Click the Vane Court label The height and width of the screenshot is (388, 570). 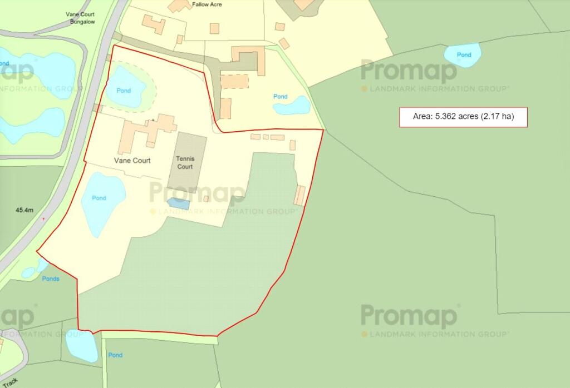132,161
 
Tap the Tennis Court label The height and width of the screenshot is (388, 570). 185,162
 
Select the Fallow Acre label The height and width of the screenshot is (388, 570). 207,4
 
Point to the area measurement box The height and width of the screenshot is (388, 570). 463,117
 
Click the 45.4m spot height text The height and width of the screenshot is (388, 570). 24,210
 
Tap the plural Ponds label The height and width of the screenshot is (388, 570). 51,278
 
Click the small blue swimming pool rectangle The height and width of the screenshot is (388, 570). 179,204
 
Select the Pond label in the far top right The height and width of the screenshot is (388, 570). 464,55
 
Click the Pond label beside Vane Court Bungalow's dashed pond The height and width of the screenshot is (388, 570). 124,91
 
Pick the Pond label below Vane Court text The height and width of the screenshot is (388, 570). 99,198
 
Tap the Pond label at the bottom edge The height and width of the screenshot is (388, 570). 115,355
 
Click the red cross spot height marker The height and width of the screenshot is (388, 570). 44,219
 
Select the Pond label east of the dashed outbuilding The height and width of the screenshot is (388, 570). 281,97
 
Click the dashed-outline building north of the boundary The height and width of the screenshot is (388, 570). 235,81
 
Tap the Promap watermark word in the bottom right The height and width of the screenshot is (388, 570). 409,316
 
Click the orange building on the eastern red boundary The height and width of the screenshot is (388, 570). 300,196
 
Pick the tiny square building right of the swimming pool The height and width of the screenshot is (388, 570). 206,198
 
